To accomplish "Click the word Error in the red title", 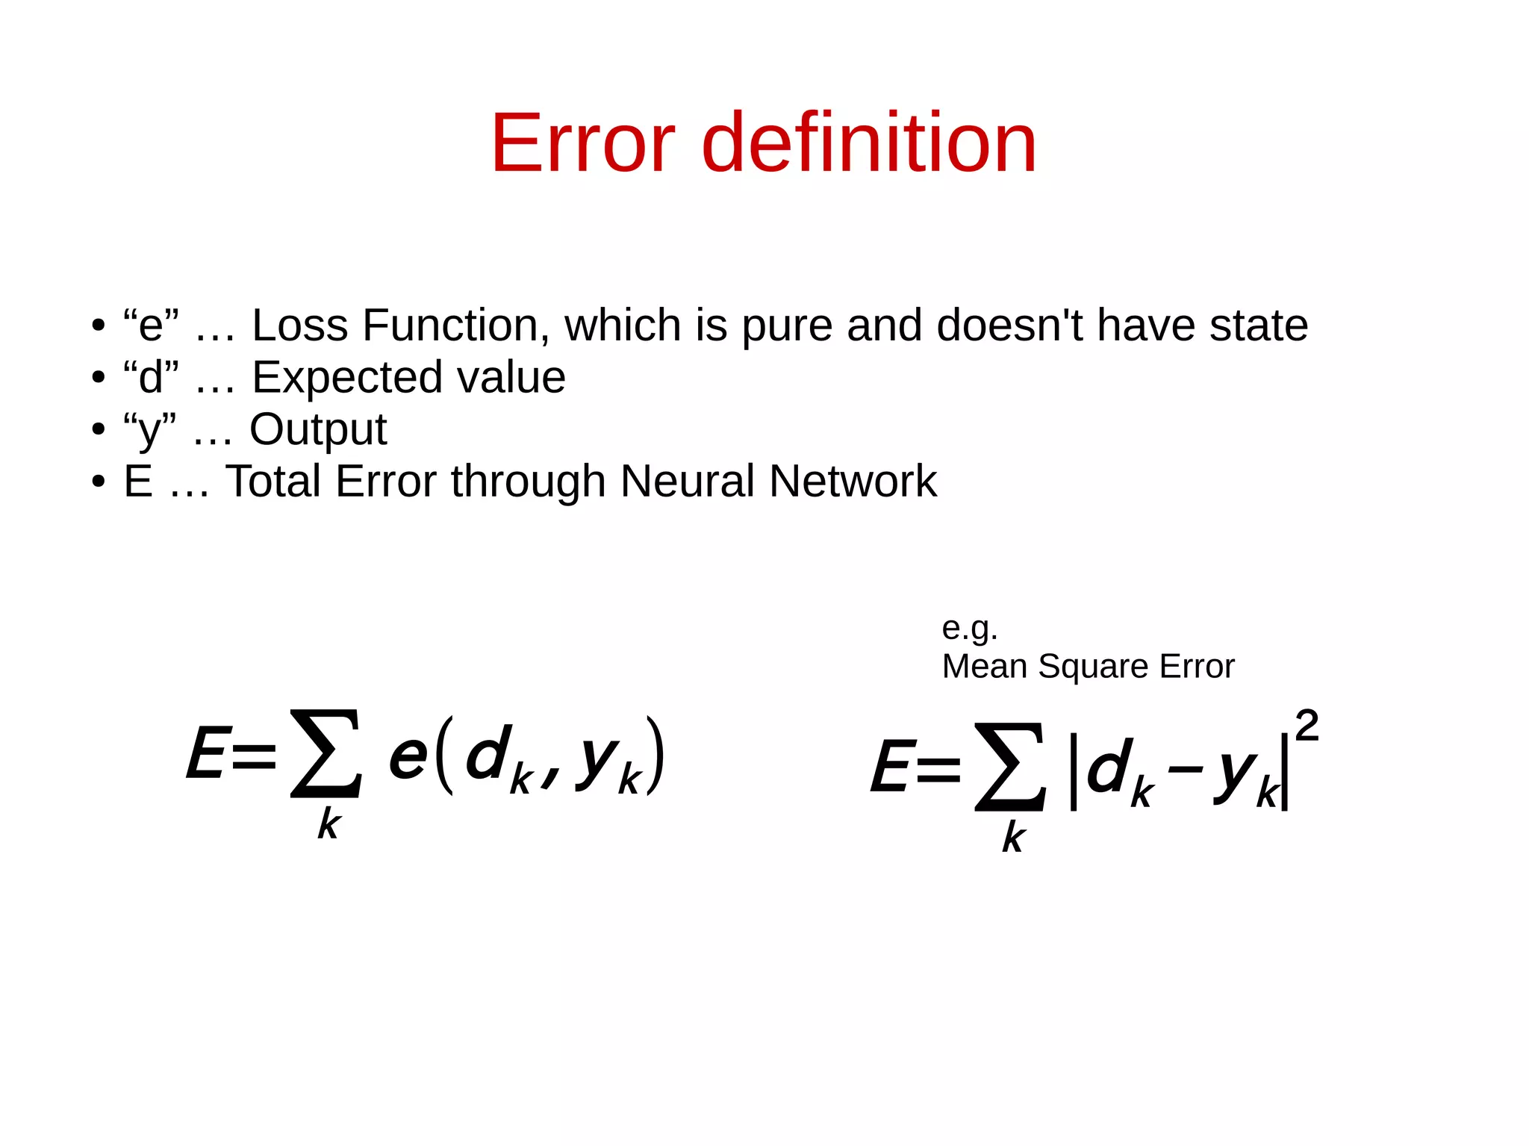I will click(x=582, y=143).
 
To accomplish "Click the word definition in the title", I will click(x=869, y=143).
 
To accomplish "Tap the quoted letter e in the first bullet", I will click(x=151, y=326).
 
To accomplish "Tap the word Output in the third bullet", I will click(x=318, y=430).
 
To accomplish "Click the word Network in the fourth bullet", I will click(x=853, y=482).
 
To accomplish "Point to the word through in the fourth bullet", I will click(x=528, y=482).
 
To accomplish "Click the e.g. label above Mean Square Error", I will click(x=969, y=629).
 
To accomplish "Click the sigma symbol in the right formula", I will click(x=1010, y=767).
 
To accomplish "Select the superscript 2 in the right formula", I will click(x=1307, y=726).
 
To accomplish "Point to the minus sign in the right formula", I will click(x=1185, y=769).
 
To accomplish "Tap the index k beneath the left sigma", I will click(x=328, y=825).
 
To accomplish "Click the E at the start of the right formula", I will click(x=891, y=767).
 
